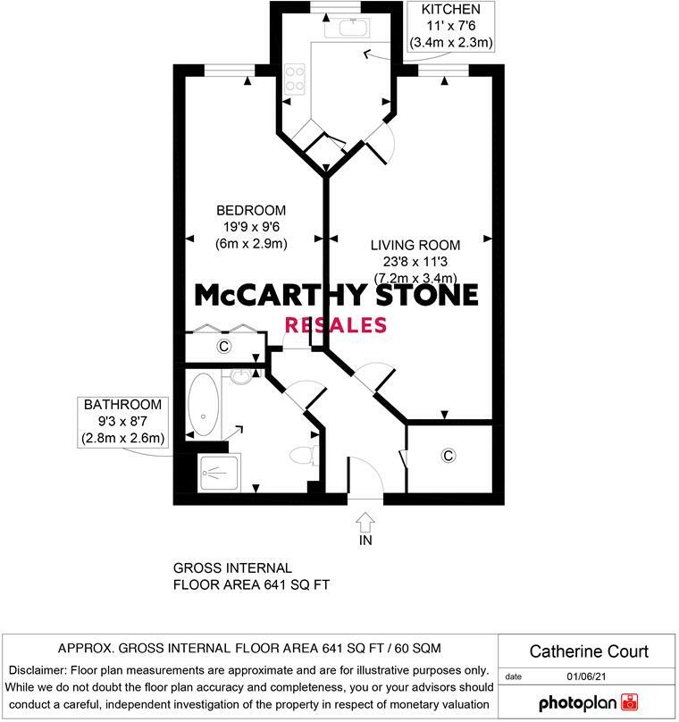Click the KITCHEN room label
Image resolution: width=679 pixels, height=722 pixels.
click(452, 10)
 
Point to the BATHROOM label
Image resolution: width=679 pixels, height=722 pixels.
click(123, 405)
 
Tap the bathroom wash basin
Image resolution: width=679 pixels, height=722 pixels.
click(240, 377)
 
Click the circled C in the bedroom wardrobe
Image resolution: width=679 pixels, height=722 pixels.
click(223, 347)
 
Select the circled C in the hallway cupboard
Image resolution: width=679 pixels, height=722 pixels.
click(448, 456)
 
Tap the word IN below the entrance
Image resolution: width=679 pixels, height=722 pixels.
click(365, 541)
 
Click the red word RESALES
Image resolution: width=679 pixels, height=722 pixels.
click(335, 324)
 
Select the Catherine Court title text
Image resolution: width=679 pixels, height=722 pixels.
click(589, 651)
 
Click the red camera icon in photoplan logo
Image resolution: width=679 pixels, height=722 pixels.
click(631, 701)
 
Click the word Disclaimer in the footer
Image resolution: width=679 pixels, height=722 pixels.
click(41, 670)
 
